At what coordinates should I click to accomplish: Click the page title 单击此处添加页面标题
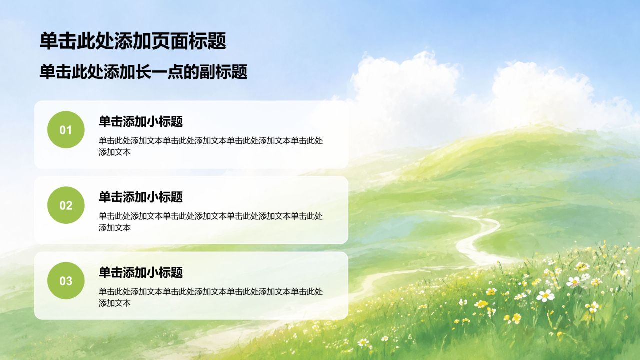(133, 41)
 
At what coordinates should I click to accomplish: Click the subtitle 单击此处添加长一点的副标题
(143, 71)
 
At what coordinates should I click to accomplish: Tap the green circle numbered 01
(66, 129)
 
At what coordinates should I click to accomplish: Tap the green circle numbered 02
(66, 205)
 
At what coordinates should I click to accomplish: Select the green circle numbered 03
(66, 281)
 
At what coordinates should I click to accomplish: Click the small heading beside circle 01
(141, 121)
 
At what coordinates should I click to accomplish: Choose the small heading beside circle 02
(141, 197)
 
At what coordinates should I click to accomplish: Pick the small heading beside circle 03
(141, 272)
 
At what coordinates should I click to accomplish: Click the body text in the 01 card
(211, 146)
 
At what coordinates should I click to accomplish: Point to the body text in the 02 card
(211, 222)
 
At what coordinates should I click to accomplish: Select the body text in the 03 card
(211, 297)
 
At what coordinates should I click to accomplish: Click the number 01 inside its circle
(66, 130)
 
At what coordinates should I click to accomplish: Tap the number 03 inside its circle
(66, 281)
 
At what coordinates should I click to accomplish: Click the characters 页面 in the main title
(170, 41)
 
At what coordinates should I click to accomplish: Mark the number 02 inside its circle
(66, 206)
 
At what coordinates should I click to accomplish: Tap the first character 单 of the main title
(49, 41)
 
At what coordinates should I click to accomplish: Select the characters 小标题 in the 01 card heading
(165, 121)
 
